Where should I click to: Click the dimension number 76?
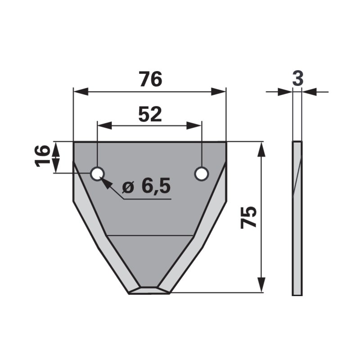click(150, 80)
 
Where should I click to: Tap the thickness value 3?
click(297, 78)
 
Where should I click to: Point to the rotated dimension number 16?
click(43, 157)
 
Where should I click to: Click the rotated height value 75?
click(249, 217)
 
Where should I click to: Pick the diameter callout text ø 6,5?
click(146, 186)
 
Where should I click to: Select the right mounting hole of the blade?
click(202, 174)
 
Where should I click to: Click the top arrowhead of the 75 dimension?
click(261, 148)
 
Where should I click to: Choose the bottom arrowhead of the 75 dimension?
click(261, 286)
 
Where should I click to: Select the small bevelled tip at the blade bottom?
click(149, 290)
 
